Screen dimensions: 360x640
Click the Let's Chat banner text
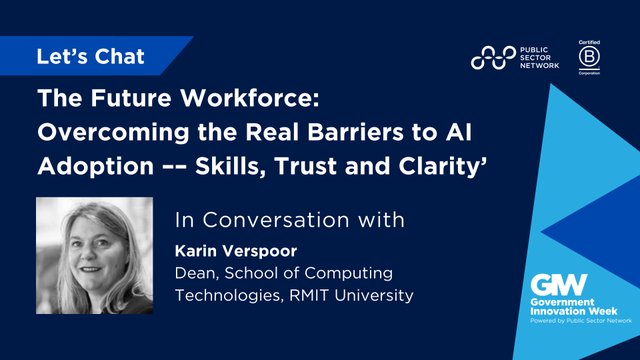click(91, 56)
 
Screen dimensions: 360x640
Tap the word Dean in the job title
click(196, 272)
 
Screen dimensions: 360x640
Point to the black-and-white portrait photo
click(94, 255)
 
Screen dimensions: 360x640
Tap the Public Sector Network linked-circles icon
click(492, 59)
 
